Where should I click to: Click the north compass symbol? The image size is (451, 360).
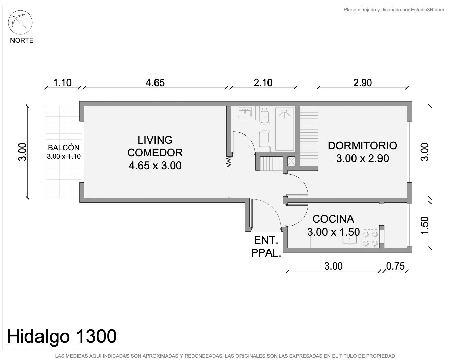[20, 22]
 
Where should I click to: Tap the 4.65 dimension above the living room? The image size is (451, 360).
[155, 83]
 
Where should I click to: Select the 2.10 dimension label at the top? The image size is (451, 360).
[263, 83]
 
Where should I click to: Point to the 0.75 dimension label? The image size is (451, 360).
[395, 266]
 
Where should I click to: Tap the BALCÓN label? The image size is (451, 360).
[64, 148]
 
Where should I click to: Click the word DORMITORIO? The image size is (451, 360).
[362, 146]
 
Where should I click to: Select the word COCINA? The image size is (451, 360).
[333, 219]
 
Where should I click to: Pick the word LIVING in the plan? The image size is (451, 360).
[155, 140]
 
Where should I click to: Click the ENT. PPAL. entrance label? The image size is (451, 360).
[266, 246]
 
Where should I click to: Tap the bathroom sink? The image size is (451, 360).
[245, 113]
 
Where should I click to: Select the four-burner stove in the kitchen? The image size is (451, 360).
[370, 239]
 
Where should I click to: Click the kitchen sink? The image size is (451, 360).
[349, 239]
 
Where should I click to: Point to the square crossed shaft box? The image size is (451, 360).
[291, 161]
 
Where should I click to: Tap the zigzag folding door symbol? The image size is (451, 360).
[229, 162]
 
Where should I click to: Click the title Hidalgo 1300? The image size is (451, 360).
[62, 336]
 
